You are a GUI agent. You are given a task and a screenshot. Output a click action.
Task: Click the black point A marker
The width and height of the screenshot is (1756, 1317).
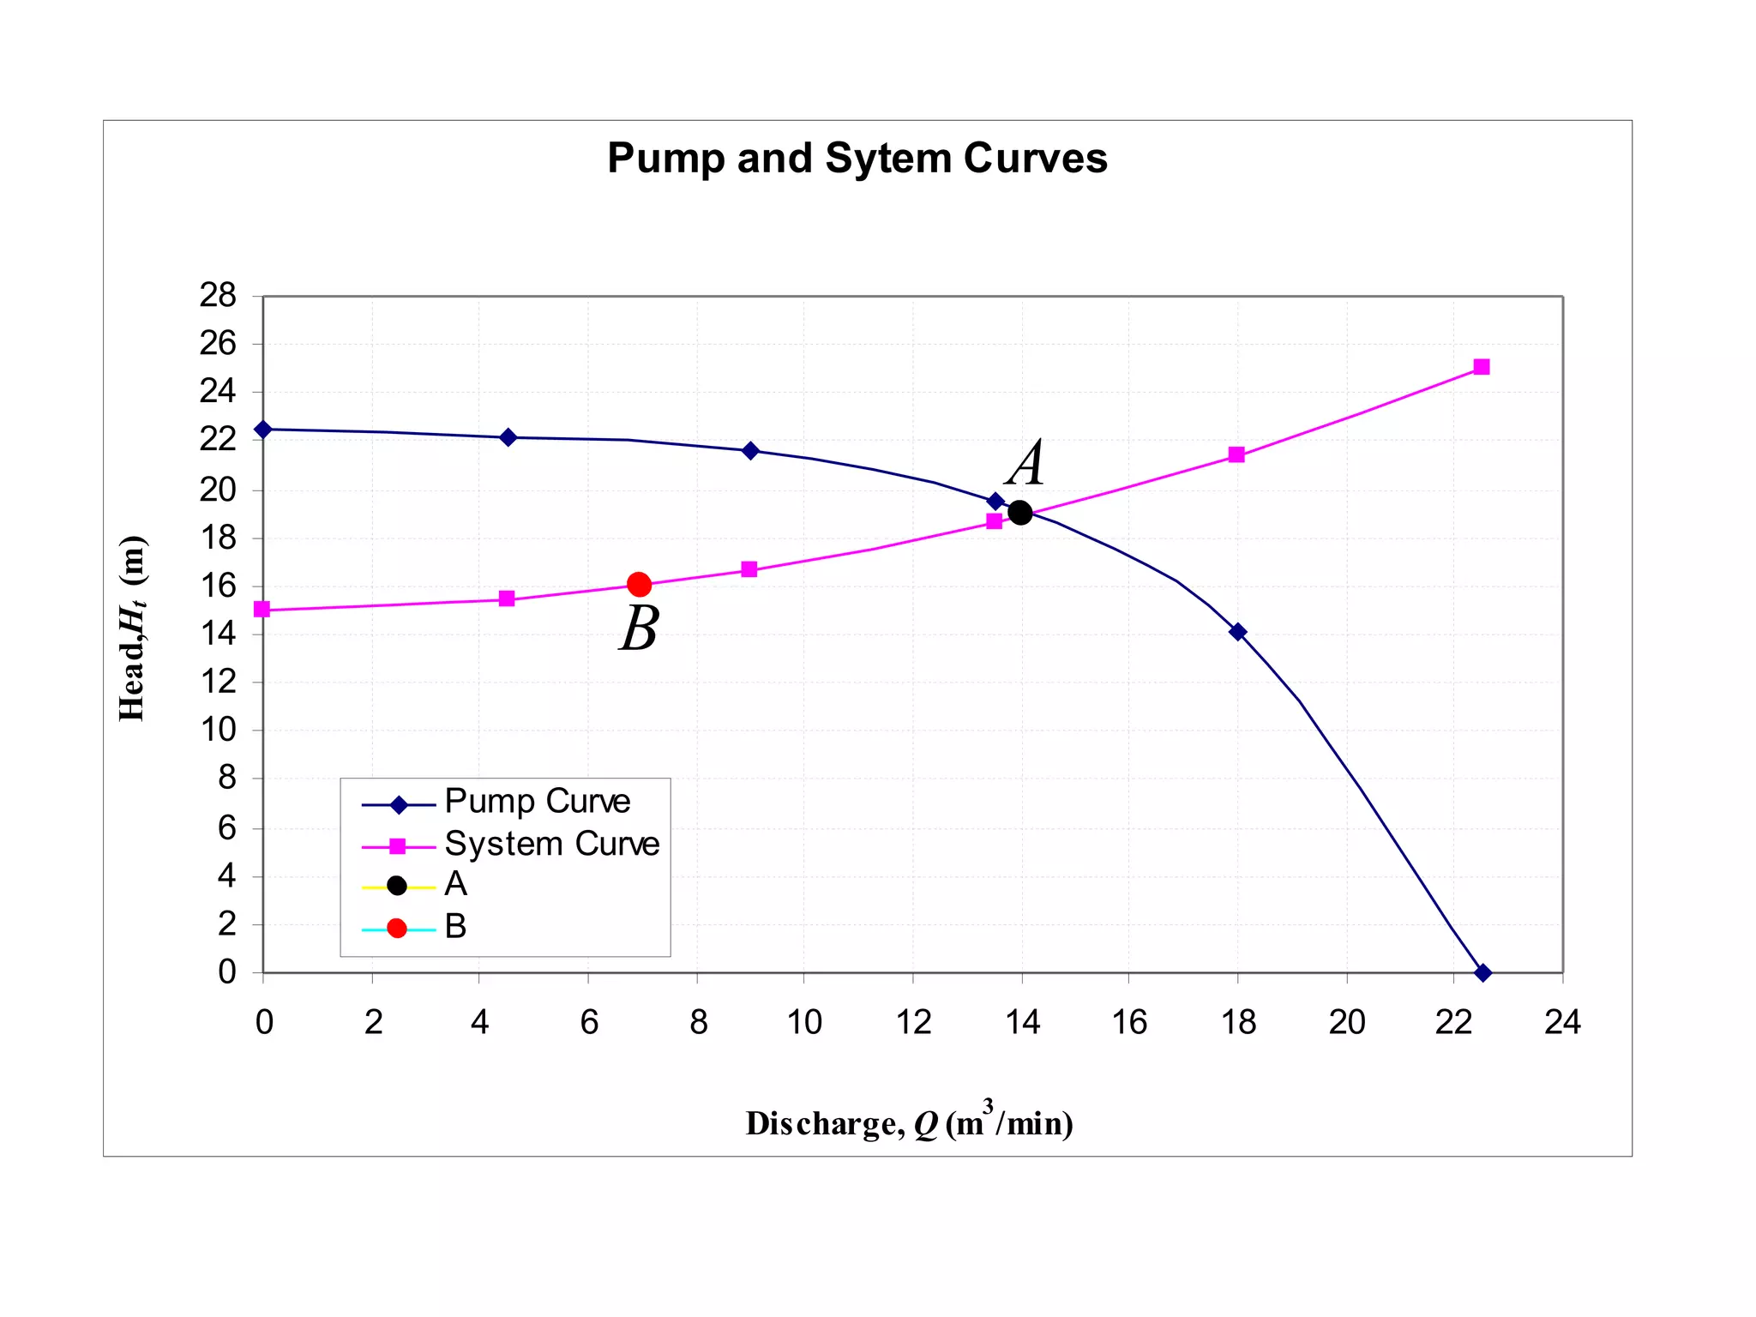point(1019,513)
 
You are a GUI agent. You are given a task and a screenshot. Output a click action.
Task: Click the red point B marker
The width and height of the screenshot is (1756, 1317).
point(639,585)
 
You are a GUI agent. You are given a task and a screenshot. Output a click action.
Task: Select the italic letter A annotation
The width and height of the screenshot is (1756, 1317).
point(1026,463)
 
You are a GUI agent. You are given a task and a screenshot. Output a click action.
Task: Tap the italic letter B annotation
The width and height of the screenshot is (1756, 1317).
point(640,628)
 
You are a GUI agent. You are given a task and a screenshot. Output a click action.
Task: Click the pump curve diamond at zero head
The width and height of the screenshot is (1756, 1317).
point(1482,972)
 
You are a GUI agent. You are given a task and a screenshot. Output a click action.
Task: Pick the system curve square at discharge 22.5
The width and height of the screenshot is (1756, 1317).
point(1481,367)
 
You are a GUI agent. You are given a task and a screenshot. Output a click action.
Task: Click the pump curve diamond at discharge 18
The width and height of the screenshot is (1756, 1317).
point(1237,632)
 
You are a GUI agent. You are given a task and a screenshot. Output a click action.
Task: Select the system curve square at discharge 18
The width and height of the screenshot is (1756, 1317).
point(1236,454)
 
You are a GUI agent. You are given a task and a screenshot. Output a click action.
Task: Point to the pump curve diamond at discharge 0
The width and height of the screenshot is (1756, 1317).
point(263,429)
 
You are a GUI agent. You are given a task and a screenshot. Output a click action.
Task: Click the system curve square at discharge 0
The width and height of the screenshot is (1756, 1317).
point(262,610)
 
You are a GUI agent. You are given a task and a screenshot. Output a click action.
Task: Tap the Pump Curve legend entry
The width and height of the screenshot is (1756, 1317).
point(537,802)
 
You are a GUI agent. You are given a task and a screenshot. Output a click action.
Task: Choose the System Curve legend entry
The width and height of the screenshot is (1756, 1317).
point(551,845)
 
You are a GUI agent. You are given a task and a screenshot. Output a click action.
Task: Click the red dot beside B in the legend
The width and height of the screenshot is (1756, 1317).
point(397,929)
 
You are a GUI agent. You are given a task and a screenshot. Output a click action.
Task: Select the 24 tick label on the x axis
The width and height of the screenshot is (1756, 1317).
point(1561,1022)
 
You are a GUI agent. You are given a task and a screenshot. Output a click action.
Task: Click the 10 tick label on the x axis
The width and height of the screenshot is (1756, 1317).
point(803,1022)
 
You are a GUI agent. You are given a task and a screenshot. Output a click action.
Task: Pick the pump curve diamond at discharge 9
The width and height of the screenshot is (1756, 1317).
point(750,451)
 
